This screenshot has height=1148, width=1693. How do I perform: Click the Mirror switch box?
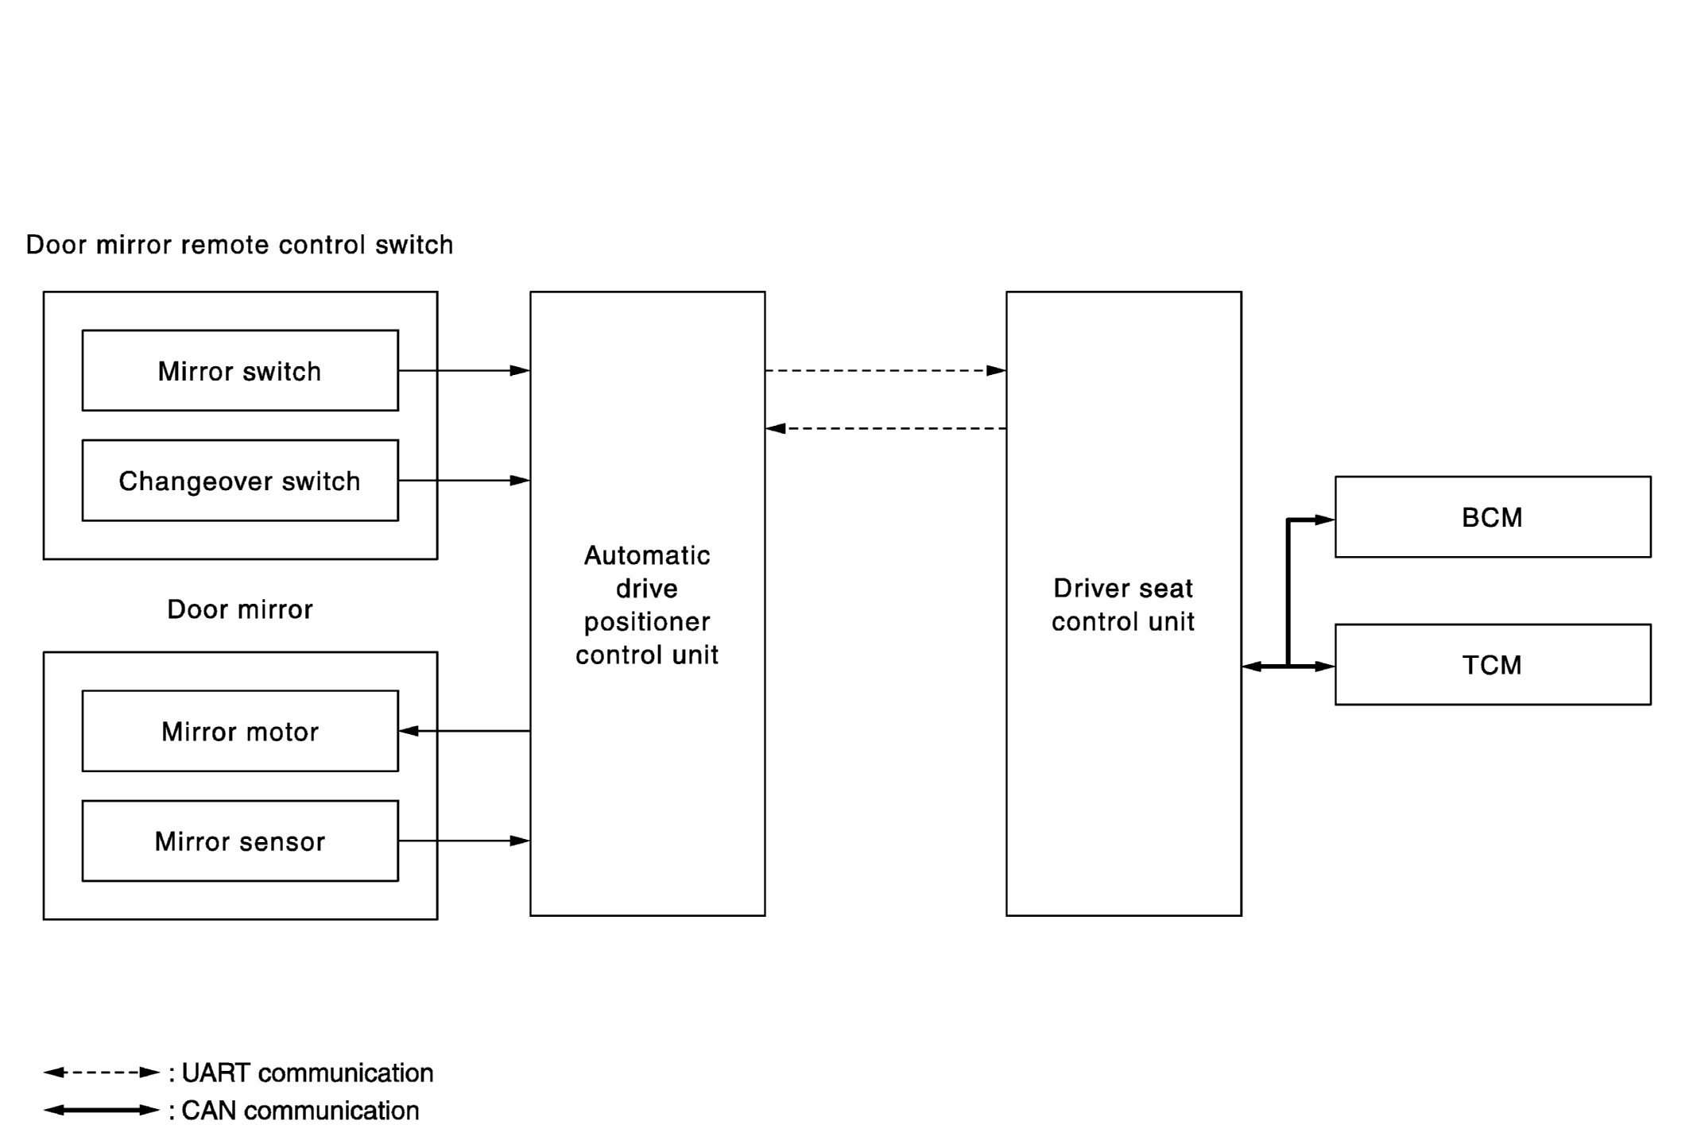click(240, 370)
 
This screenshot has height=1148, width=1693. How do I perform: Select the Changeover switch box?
click(240, 481)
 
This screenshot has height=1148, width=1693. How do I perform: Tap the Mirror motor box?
click(240, 731)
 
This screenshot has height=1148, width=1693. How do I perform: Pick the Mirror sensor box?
click(240, 841)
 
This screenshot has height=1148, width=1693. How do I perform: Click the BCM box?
click(1493, 517)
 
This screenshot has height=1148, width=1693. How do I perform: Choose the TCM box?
click(1493, 665)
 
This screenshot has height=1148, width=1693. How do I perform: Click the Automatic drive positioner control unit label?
click(647, 605)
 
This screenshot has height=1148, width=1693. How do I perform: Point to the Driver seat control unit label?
click(1123, 605)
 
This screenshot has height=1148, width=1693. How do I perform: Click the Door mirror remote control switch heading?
click(239, 245)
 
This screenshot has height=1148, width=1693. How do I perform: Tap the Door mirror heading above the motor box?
click(240, 609)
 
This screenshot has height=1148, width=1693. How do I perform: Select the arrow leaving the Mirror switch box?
click(464, 370)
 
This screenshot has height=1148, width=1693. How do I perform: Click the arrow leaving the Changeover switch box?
click(464, 481)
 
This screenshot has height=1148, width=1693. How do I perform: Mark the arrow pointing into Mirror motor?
click(464, 731)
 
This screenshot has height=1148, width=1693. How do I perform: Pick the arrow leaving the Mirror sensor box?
click(464, 841)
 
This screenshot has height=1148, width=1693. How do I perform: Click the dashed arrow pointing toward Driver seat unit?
click(885, 370)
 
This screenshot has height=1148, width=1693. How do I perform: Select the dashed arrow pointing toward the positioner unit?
click(885, 429)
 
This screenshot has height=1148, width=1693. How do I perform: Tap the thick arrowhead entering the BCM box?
click(1325, 520)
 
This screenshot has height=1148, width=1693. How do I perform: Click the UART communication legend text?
click(308, 1073)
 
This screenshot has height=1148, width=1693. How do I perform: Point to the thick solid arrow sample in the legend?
click(102, 1110)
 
